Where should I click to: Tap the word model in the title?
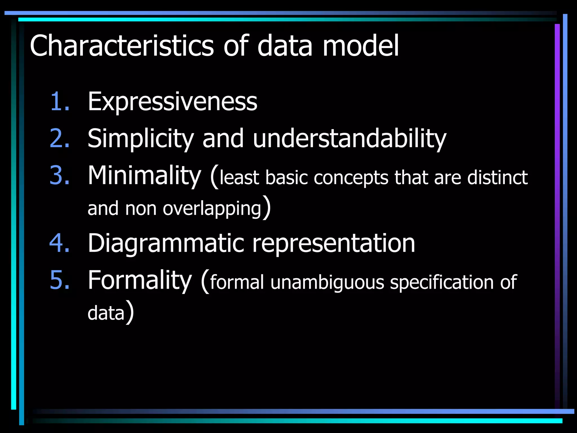pyautogui.click(x=361, y=46)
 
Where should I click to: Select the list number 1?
pyautogui.click(x=59, y=101)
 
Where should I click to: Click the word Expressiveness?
pyautogui.click(x=172, y=101)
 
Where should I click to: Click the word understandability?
pyautogui.click(x=349, y=139)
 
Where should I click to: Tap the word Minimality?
pyautogui.click(x=144, y=176)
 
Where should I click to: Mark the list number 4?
pyautogui.click(x=59, y=243)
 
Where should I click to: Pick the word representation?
pyautogui.click(x=333, y=244)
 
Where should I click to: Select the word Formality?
pyautogui.click(x=140, y=280)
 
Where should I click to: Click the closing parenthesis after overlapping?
pyautogui.click(x=267, y=207)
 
